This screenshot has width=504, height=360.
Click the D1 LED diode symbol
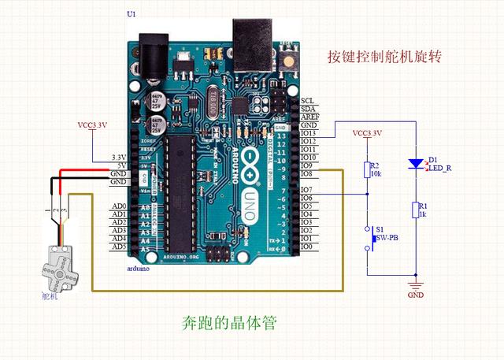click(x=416, y=164)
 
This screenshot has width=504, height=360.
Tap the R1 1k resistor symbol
click(x=416, y=209)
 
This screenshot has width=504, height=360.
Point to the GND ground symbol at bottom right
click(x=416, y=284)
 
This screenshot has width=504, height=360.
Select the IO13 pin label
click(x=308, y=133)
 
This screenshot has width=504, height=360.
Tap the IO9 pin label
click(x=306, y=165)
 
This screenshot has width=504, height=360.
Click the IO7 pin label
click(x=306, y=190)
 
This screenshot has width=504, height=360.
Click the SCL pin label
click(x=307, y=101)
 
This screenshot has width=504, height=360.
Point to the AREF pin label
click(x=309, y=117)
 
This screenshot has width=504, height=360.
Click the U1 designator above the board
click(x=131, y=15)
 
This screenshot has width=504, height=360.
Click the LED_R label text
click(x=439, y=168)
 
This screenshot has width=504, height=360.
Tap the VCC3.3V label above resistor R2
click(x=367, y=133)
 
